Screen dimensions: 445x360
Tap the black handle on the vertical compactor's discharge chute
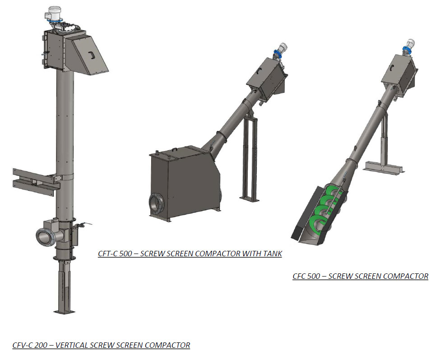click(91, 55)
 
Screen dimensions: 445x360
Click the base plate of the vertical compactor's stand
click(65, 312)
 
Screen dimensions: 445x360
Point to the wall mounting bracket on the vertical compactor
click(36, 181)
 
